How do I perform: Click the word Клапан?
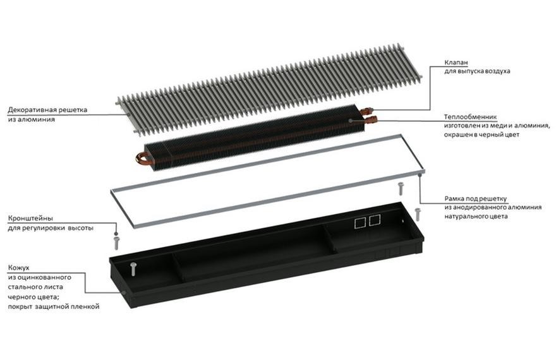point(456,63)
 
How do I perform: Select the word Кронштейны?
point(30,219)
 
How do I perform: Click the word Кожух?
point(18,268)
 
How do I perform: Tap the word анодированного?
point(480,207)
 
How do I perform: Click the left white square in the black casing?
point(360,222)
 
